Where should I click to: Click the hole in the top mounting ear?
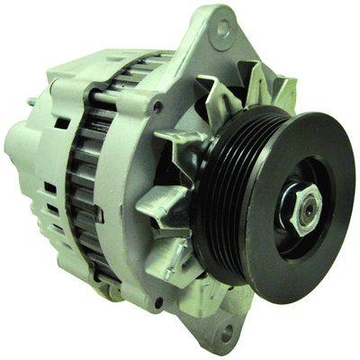pyautogui.click(x=222, y=30)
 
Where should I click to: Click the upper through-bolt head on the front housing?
pyautogui.click(x=158, y=106)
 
